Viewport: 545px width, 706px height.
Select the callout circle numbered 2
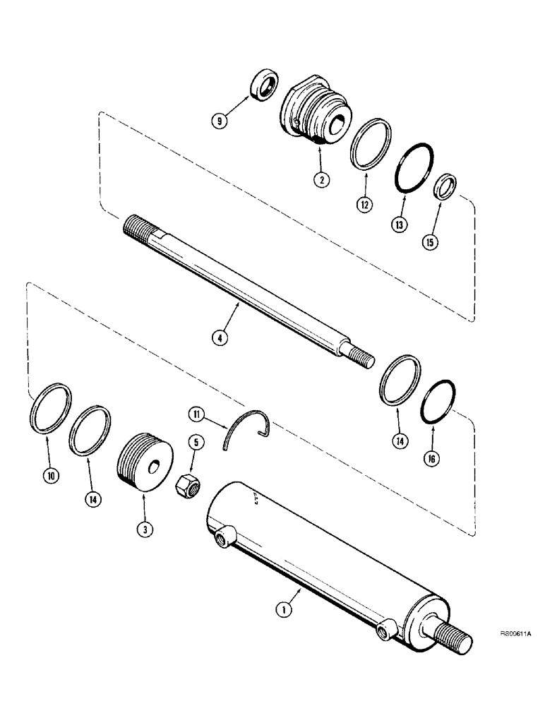321,180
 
